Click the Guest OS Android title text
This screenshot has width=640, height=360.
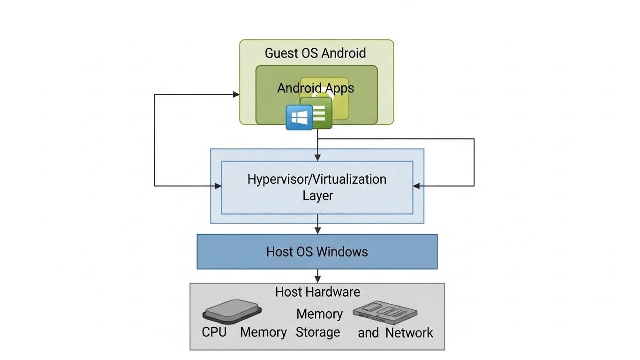pos(315,53)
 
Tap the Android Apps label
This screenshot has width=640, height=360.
pos(315,88)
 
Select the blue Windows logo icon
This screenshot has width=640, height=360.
pos(299,117)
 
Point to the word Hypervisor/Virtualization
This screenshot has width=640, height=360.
pos(317,179)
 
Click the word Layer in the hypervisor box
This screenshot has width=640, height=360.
pos(317,195)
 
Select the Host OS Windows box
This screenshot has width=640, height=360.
pos(317,252)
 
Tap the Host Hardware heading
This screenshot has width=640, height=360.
pos(317,292)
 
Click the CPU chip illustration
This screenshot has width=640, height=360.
pos(232,311)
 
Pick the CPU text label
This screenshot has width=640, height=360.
pos(214,332)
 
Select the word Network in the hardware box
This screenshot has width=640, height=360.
pos(409,333)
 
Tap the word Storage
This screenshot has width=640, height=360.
pos(317,332)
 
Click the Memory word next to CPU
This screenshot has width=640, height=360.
pos(263,332)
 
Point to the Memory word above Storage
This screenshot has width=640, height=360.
pos(319,314)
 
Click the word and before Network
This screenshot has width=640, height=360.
pos(368,333)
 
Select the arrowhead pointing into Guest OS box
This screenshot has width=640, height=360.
pos(236,94)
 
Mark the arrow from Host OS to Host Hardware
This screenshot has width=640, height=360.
pos(318,276)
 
